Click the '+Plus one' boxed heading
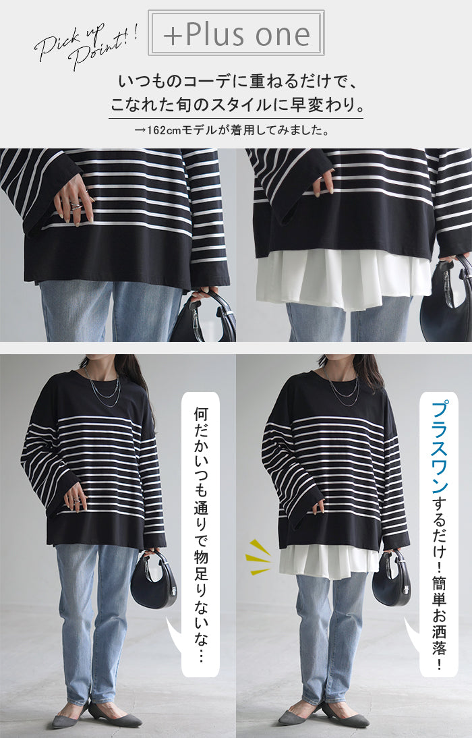(236, 33)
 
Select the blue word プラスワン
(438, 447)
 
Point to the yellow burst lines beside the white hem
(258, 557)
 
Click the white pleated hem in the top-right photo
(343, 283)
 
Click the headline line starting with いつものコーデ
(237, 82)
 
